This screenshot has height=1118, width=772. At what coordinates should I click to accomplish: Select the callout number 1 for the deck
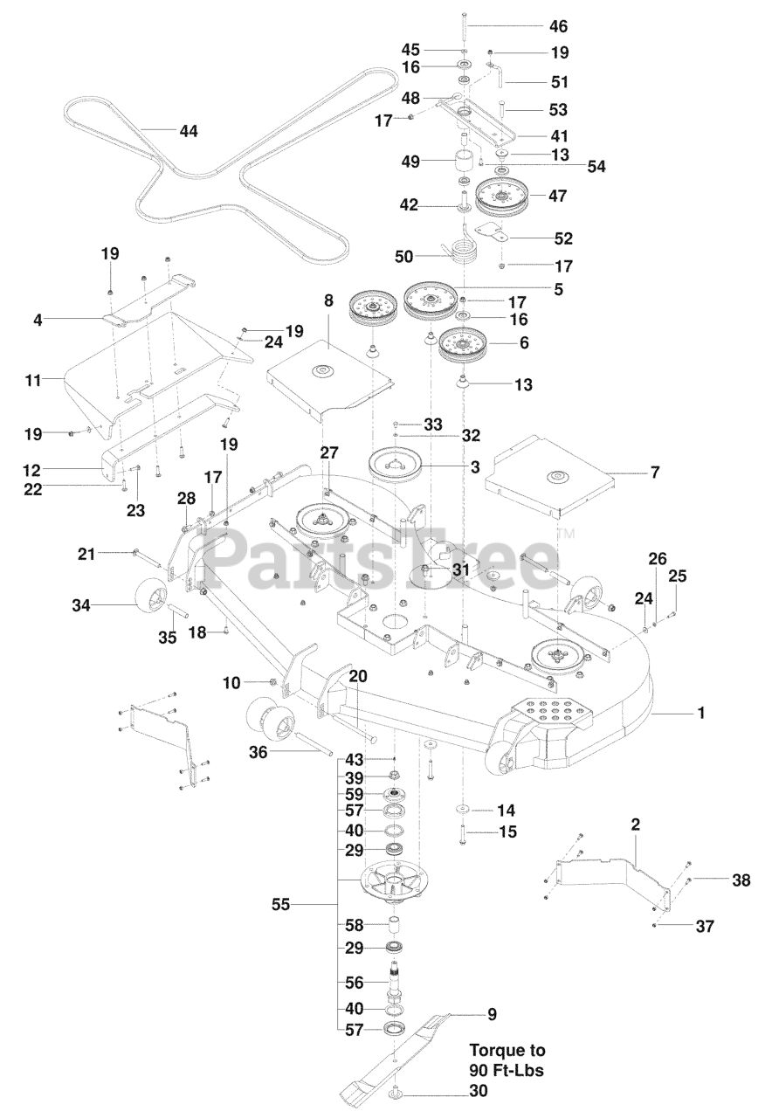700,714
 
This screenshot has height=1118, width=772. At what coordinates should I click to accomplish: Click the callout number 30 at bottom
478,1091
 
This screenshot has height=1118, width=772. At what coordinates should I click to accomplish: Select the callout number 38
741,881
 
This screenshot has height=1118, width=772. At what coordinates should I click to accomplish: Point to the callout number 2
635,823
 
